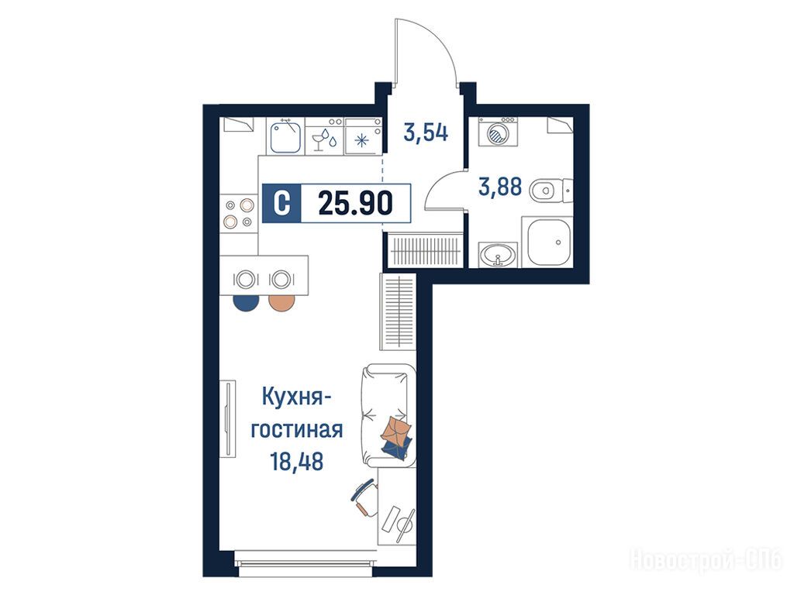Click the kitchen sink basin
click(x=286, y=136)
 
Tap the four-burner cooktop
click(x=239, y=213)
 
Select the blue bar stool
click(x=246, y=303)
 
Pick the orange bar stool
click(x=281, y=303)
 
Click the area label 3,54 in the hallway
click(x=426, y=132)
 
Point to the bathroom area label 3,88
click(x=500, y=187)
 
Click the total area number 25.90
click(x=355, y=204)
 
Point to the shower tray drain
click(x=558, y=242)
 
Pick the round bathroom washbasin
click(x=499, y=254)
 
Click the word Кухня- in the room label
click(x=297, y=397)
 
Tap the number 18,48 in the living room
click(x=297, y=461)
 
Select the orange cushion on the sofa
click(x=396, y=428)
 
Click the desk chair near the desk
click(x=364, y=498)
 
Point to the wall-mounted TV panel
click(x=228, y=419)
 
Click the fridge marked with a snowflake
click(x=363, y=136)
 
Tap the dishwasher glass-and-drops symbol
click(x=324, y=139)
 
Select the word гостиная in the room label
click(x=297, y=429)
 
